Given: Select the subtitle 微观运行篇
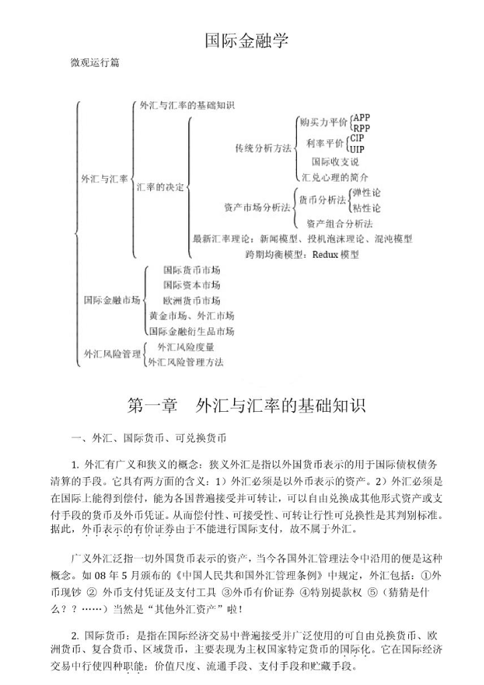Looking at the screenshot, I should coord(95,64).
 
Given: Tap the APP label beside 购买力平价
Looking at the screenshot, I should coord(362,117).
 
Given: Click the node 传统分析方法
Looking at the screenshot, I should coord(263,148).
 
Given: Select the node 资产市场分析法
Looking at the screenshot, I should coord(257,208).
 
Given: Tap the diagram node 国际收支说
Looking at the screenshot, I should coord(335,162).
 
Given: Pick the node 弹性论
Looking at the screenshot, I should coord(367,193).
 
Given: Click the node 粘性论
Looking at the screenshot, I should coord(367,208).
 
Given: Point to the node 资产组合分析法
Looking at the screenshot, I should coord(339,224).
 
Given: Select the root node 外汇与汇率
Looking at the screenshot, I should coord(104,179).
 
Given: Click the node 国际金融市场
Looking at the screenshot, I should coord(112,299).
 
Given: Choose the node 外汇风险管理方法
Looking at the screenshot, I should coord(186,362).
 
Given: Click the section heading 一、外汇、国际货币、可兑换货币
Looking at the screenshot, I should coord(149,438).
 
